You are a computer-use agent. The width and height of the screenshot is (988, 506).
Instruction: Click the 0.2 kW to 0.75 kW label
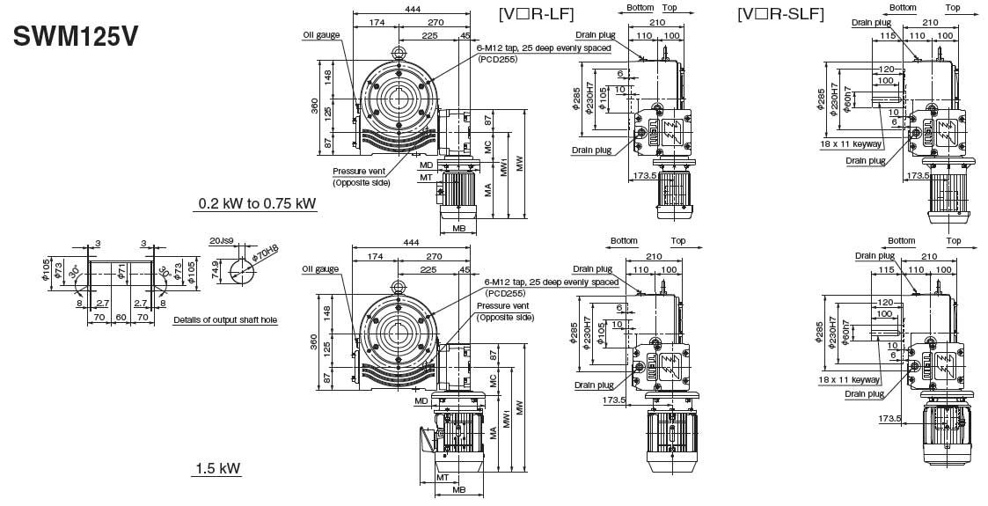click(x=257, y=204)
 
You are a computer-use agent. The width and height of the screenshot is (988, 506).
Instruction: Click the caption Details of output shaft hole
click(x=225, y=320)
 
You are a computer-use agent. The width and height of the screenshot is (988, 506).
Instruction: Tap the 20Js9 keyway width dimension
click(x=221, y=240)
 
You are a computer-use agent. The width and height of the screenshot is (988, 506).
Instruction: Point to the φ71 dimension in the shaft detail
click(x=121, y=268)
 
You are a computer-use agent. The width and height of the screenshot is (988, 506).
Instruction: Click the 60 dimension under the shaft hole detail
click(x=121, y=315)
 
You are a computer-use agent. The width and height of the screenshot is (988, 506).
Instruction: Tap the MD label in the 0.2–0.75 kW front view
click(x=426, y=165)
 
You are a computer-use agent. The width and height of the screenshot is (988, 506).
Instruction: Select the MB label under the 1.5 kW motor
click(x=458, y=489)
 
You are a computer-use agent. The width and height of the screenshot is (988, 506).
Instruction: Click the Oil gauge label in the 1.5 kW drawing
click(x=320, y=269)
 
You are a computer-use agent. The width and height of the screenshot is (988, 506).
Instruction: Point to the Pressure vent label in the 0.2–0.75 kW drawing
click(x=361, y=172)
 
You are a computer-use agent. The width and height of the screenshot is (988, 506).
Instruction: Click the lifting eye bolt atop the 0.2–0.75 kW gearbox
click(x=399, y=54)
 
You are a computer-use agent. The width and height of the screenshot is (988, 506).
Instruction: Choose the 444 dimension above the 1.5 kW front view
click(x=410, y=242)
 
